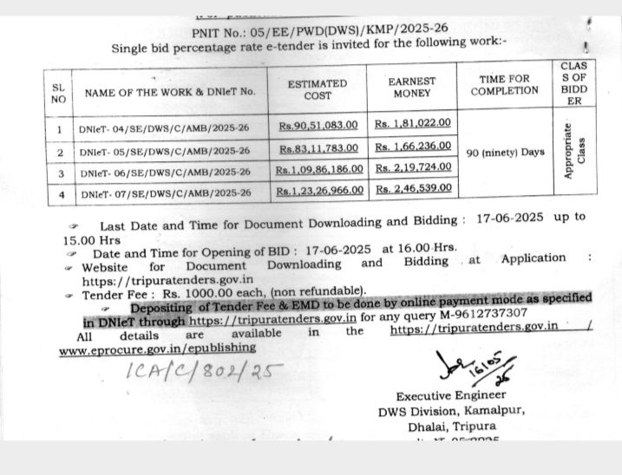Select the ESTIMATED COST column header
[317, 89]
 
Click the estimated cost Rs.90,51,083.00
[318, 126]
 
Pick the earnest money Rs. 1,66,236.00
[413, 147]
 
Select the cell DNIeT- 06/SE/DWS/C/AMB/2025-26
[165, 172]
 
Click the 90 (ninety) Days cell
[505, 153]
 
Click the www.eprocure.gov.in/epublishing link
[157, 347]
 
